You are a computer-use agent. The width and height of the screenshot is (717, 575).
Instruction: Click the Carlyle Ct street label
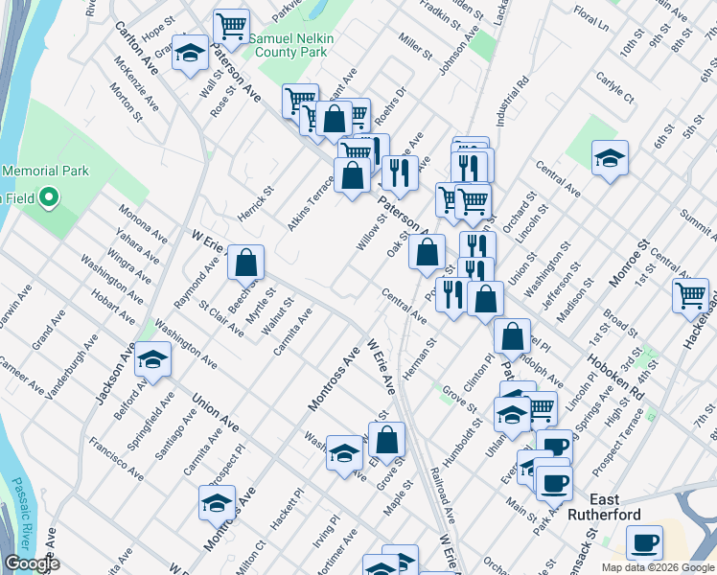(x=614, y=85)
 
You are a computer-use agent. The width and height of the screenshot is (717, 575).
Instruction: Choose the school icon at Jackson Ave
(x=151, y=360)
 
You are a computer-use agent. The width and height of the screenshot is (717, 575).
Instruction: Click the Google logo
(x=32, y=563)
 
